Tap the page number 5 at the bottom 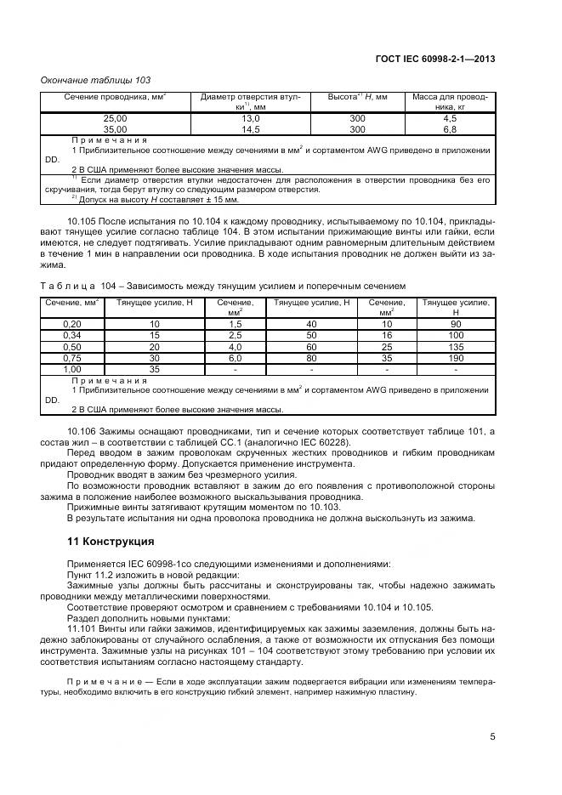492,736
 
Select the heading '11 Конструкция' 111,541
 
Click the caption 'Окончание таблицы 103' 96,80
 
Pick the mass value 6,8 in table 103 450,129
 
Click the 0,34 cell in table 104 72,336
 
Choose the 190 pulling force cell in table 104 456,358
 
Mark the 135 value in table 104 456,347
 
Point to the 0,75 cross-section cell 72,358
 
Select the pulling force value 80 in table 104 311,358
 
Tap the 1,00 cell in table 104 72,369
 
